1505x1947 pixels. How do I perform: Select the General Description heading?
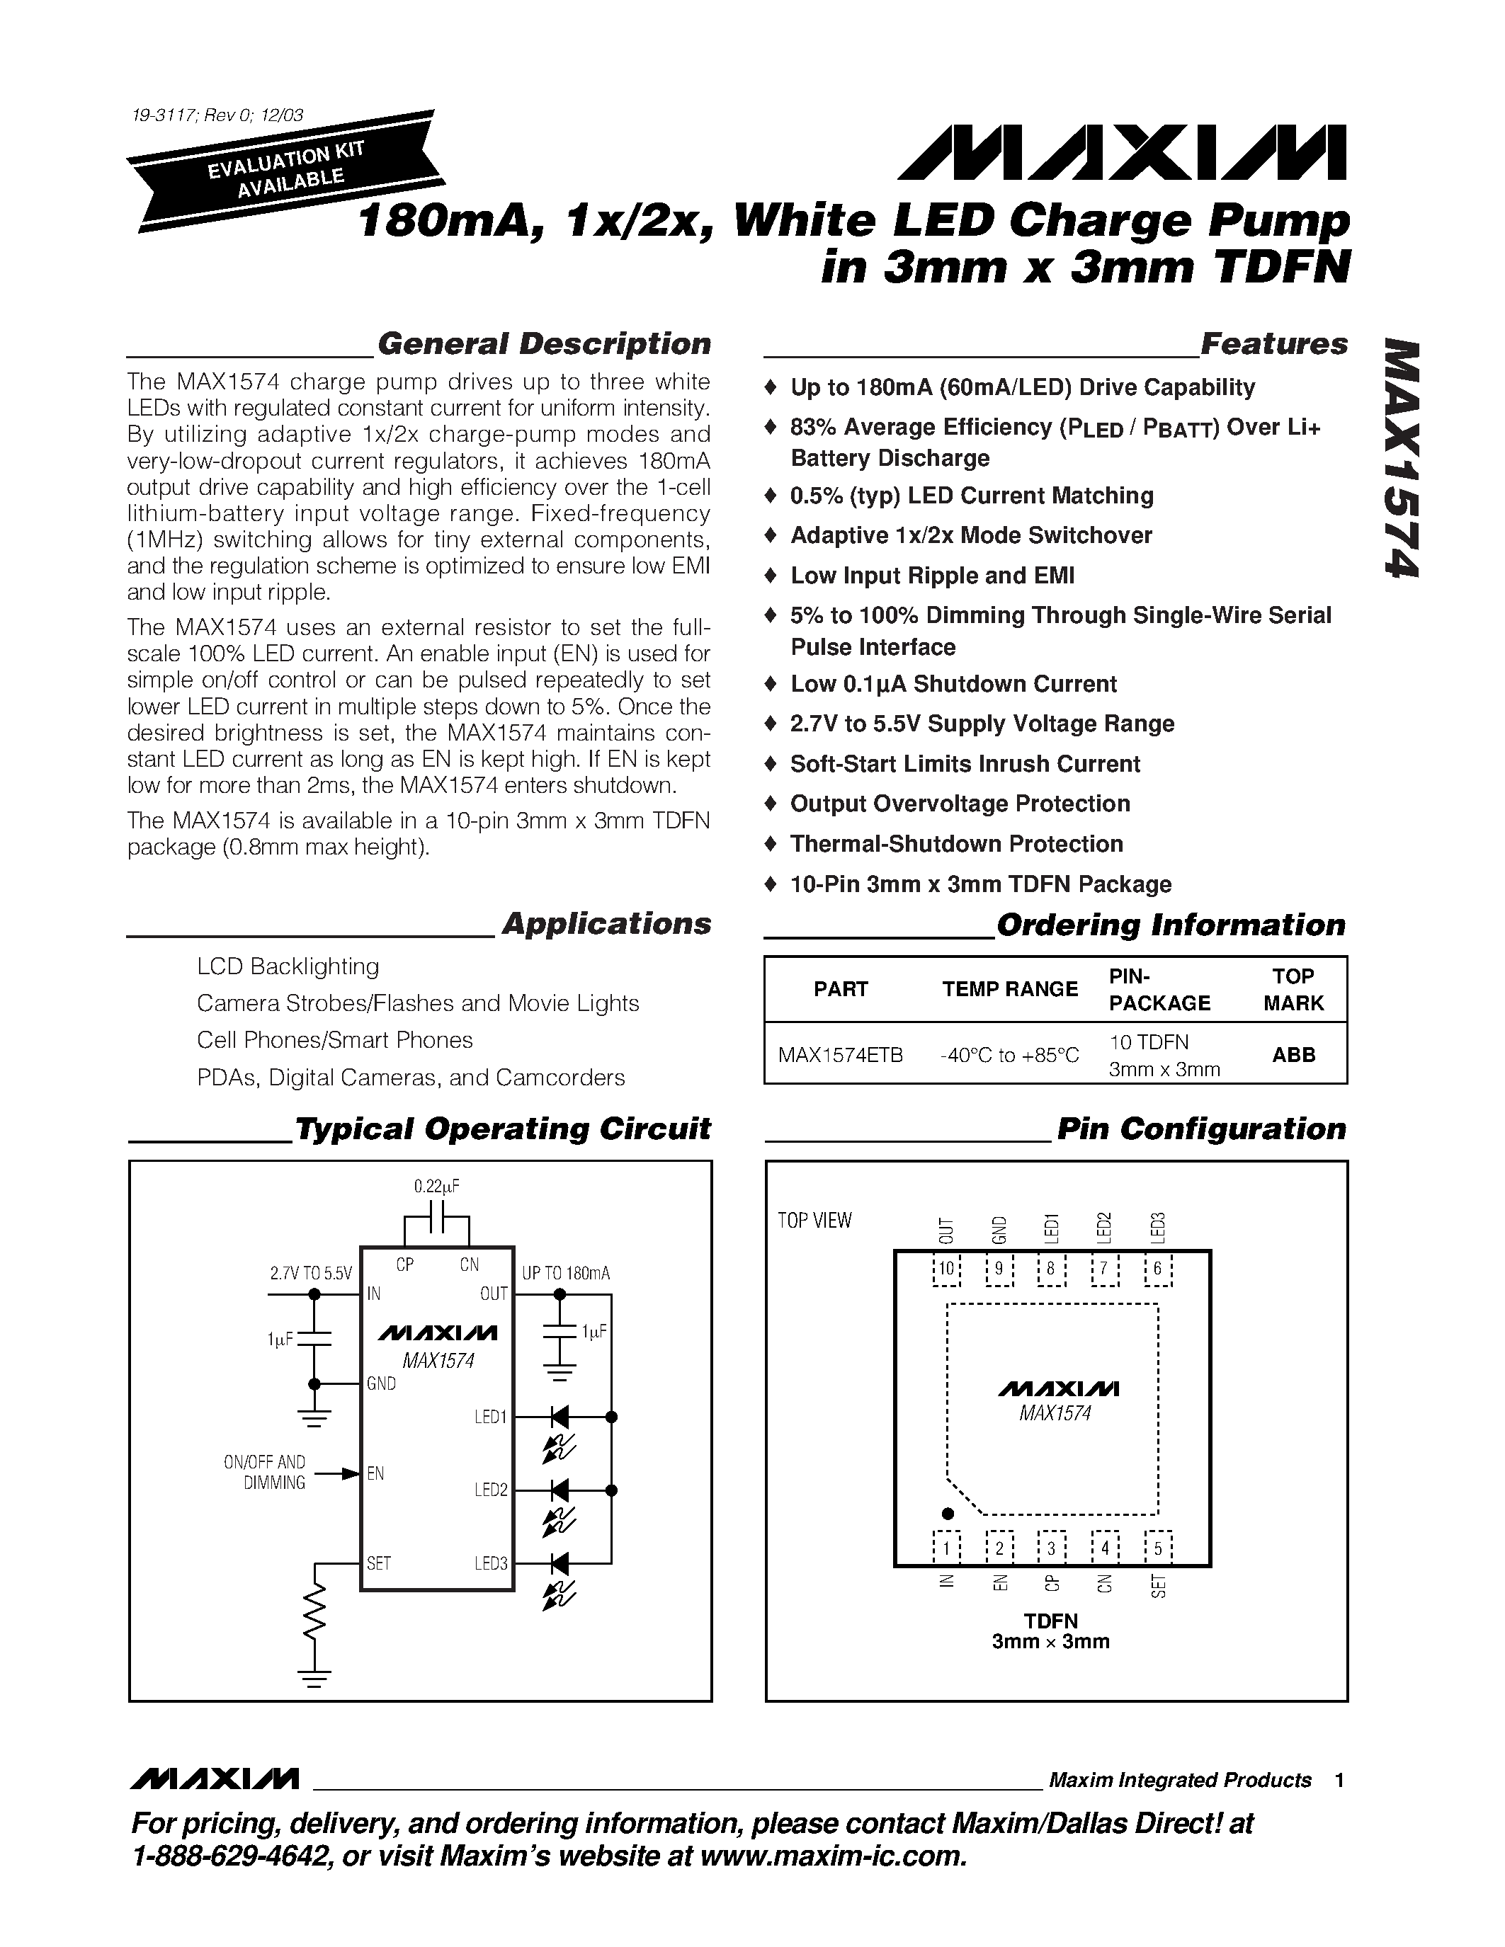pyautogui.click(x=544, y=344)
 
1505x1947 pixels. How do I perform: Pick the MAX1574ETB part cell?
pyautogui.click(x=840, y=1055)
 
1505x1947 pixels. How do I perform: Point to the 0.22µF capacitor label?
pyautogui.click(x=437, y=1187)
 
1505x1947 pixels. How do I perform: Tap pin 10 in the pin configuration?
pyautogui.click(x=946, y=1269)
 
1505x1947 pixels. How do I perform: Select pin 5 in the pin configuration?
pyautogui.click(x=1158, y=1548)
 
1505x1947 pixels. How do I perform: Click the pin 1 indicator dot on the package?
pyautogui.click(x=948, y=1513)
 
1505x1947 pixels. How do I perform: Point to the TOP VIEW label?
pyautogui.click(x=814, y=1221)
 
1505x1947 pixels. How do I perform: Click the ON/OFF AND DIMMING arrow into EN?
pyautogui.click(x=338, y=1473)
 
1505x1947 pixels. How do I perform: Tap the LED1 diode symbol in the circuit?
pyautogui.click(x=560, y=1417)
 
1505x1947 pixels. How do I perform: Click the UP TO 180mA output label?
pyautogui.click(x=566, y=1273)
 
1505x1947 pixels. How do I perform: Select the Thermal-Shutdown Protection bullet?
pyautogui.click(x=956, y=844)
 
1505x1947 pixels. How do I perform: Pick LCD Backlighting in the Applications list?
pyautogui.click(x=288, y=966)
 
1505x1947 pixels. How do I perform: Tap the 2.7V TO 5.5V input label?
pyautogui.click(x=311, y=1273)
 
